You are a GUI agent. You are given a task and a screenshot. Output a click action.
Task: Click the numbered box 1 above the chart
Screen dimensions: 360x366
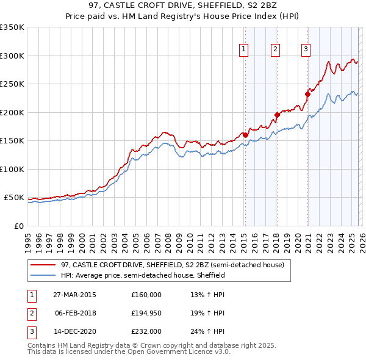[x=244, y=49]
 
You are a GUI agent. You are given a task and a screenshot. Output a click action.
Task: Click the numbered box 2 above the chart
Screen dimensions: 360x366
[x=276, y=49]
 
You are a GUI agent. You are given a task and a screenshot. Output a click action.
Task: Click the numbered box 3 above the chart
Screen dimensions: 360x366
[x=306, y=49]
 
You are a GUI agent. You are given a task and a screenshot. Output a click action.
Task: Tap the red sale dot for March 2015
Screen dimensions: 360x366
[x=245, y=135]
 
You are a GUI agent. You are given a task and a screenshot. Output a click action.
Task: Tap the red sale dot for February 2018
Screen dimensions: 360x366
[x=277, y=115]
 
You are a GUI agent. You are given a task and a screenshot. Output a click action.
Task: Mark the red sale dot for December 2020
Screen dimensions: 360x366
[x=308, y=94]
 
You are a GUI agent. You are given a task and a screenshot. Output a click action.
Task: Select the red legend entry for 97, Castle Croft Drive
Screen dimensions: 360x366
[x=173, y=265]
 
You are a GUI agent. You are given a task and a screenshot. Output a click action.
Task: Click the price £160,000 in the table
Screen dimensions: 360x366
[x=146, y=294]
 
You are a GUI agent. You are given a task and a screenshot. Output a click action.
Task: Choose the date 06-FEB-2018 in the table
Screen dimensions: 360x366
[x=76, y=313]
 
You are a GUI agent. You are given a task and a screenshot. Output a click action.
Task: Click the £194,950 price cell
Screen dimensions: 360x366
[x=146, y=313]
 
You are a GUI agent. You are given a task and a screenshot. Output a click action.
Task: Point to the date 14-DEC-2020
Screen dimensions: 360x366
[x=76, y=331]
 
